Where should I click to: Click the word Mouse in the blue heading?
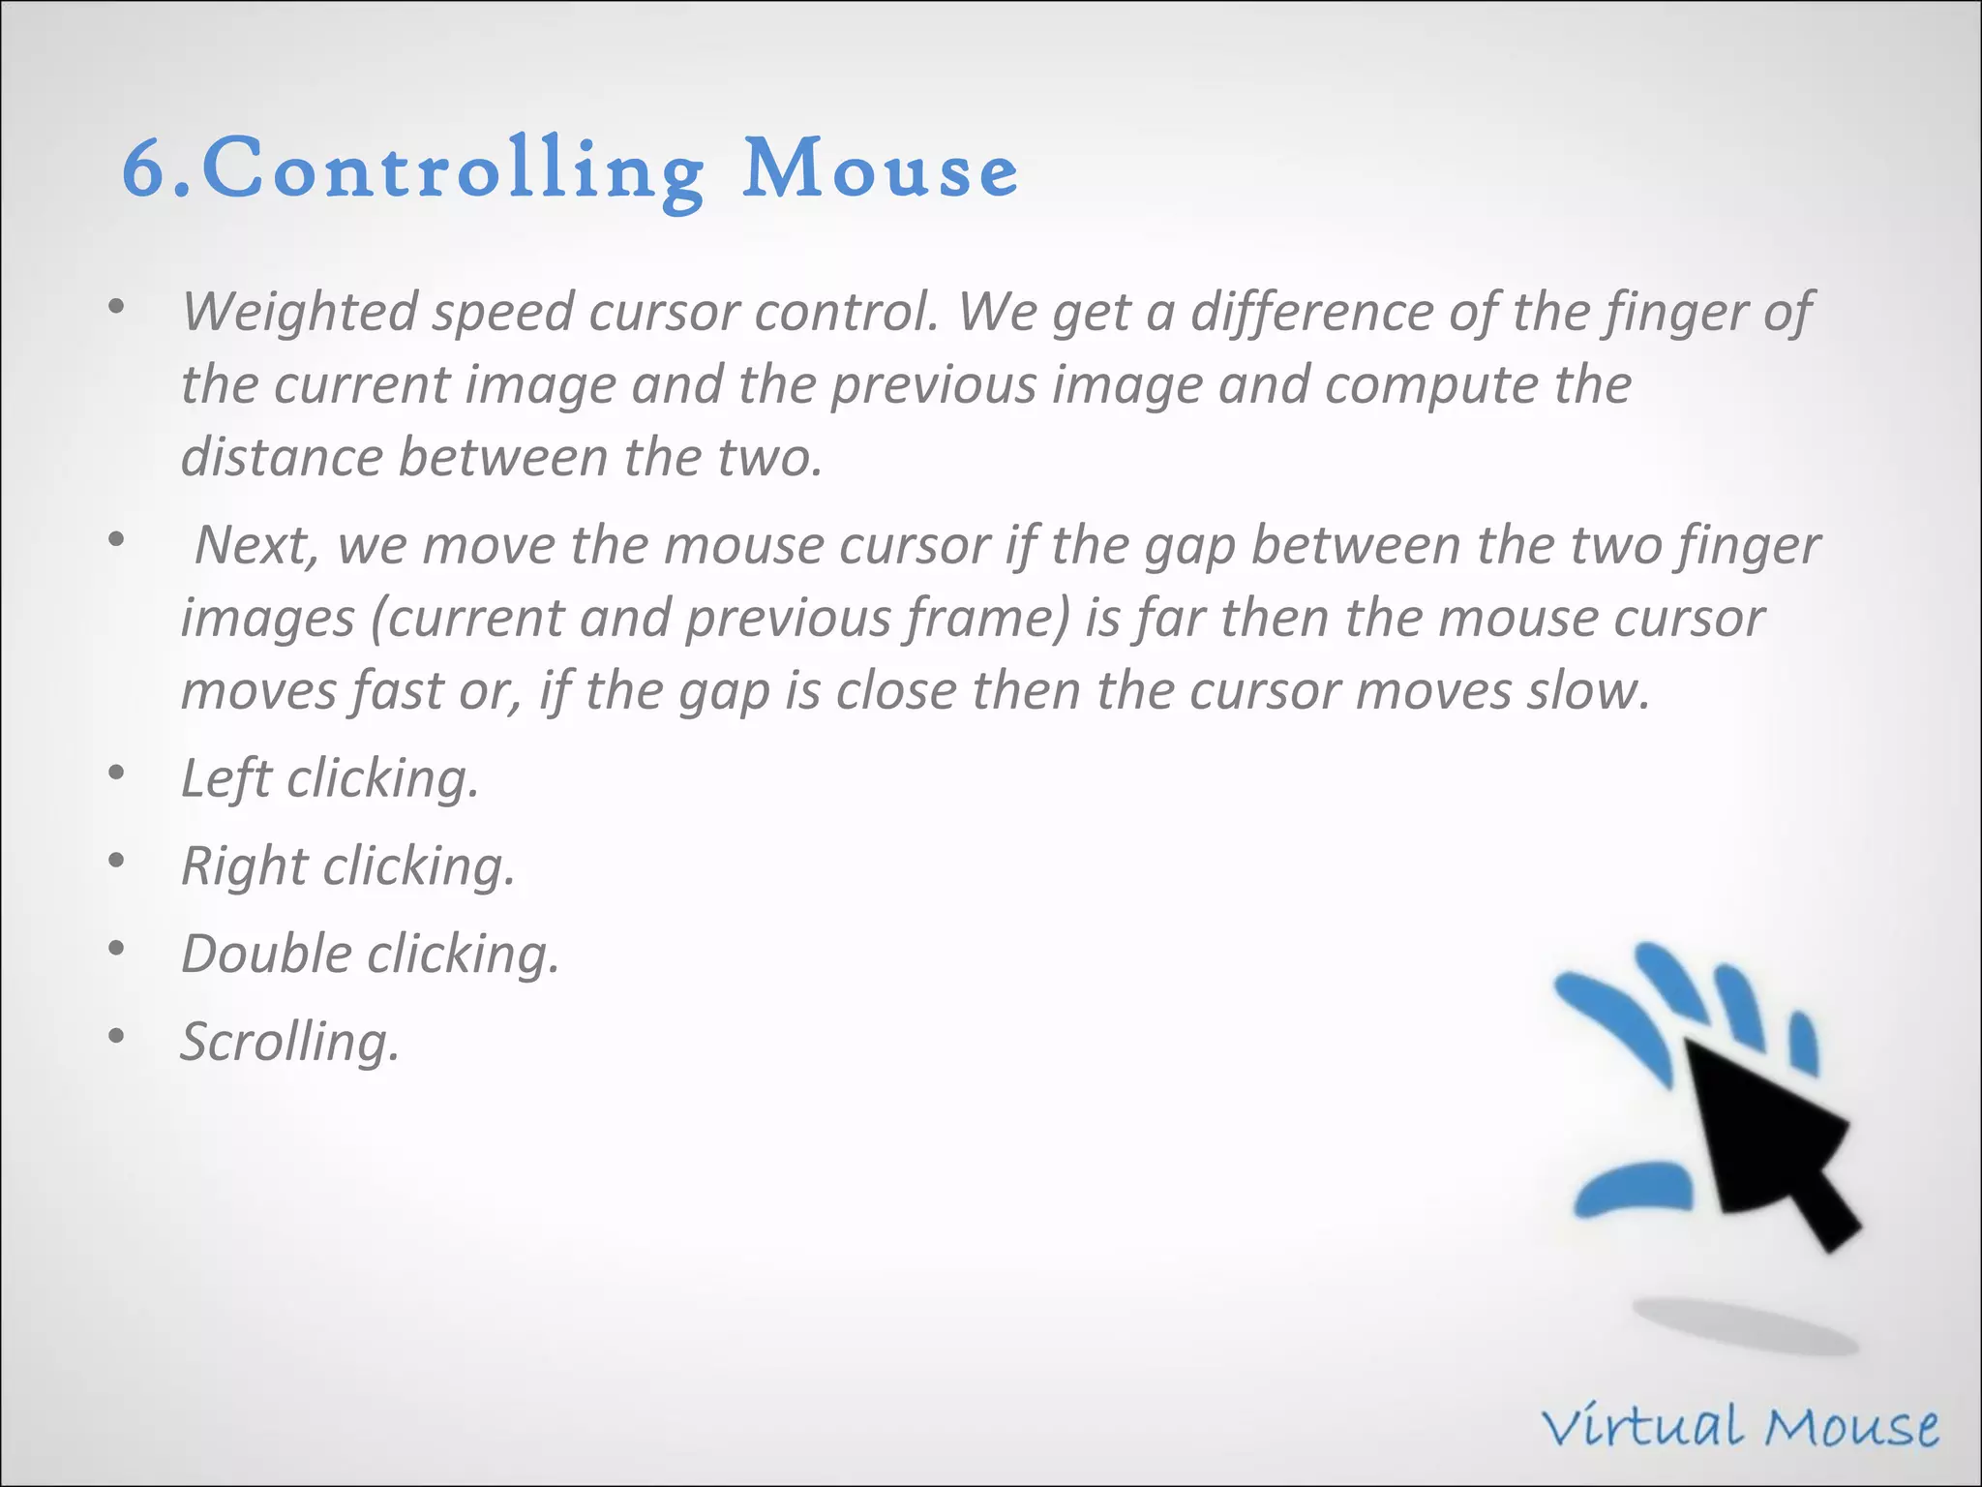[x=880, y=169]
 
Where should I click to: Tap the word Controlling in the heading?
[x=452, y=171]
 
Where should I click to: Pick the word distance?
[x=282, y=457]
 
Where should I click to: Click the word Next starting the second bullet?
[x=256, y=545]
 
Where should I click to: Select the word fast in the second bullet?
[x=397, y=691]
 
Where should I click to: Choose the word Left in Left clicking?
[x=225, y=778]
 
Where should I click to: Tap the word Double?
[x=266, y=955]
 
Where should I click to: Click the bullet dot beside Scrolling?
[x=116, y=1037]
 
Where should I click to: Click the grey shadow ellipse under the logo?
[x=1744, y=1327]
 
